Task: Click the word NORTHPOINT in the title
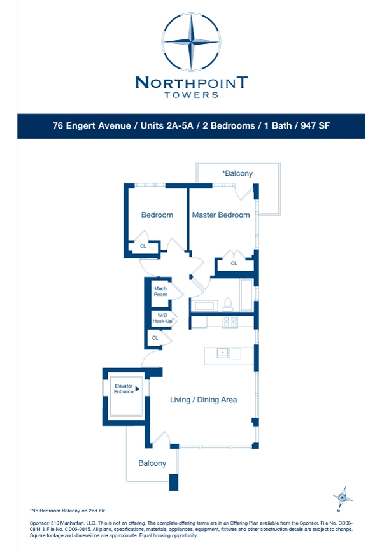191,82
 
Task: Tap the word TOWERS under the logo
191,95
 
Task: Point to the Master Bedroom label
221,215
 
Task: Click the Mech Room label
160,292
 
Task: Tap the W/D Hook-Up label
162,318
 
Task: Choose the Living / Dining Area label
204,400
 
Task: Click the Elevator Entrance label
124,389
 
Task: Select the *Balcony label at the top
237,173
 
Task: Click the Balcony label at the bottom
152,463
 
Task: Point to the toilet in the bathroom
227,304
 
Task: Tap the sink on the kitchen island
222,352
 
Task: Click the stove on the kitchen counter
230,322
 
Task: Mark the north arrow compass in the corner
343,497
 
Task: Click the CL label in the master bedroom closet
234,263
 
